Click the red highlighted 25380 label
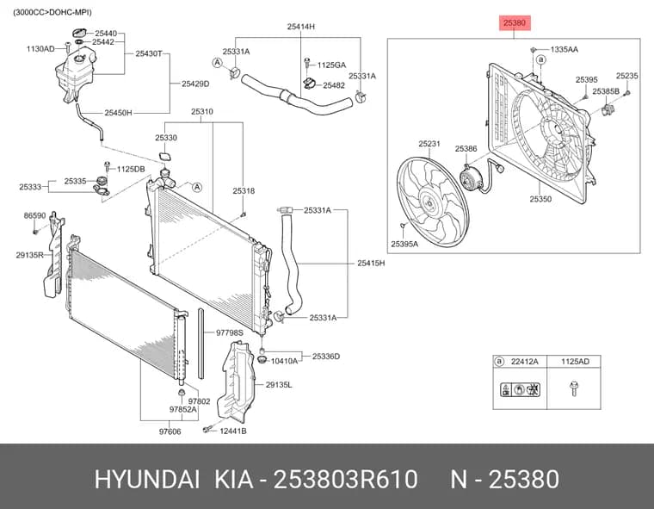click(x=515, y=23)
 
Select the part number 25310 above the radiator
click(x=202, y=112)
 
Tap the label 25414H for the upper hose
click(x=300, y=27)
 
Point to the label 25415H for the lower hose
click(x=371, y=263)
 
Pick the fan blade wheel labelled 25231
click(x=433, y=202)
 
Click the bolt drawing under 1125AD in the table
click(x=574, y=388)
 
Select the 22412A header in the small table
click(x=524, y=362)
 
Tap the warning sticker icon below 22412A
click(x=520, y=389)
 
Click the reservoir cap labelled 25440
click(x=79, y=33)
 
